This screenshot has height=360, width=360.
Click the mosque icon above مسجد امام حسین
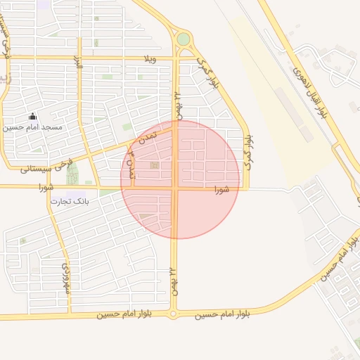point(32,117)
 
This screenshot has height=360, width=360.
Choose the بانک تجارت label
point(70,201)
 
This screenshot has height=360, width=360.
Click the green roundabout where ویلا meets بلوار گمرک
point(183,39)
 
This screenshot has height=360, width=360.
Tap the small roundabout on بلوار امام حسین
point(173,314)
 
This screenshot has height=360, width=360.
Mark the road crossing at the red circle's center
point(176,188)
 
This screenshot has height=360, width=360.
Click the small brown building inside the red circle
point(155,166)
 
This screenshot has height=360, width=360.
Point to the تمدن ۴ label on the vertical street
point(130,169)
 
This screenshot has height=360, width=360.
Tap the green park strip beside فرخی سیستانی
point(72,173)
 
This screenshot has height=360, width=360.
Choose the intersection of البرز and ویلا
point(79,58)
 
